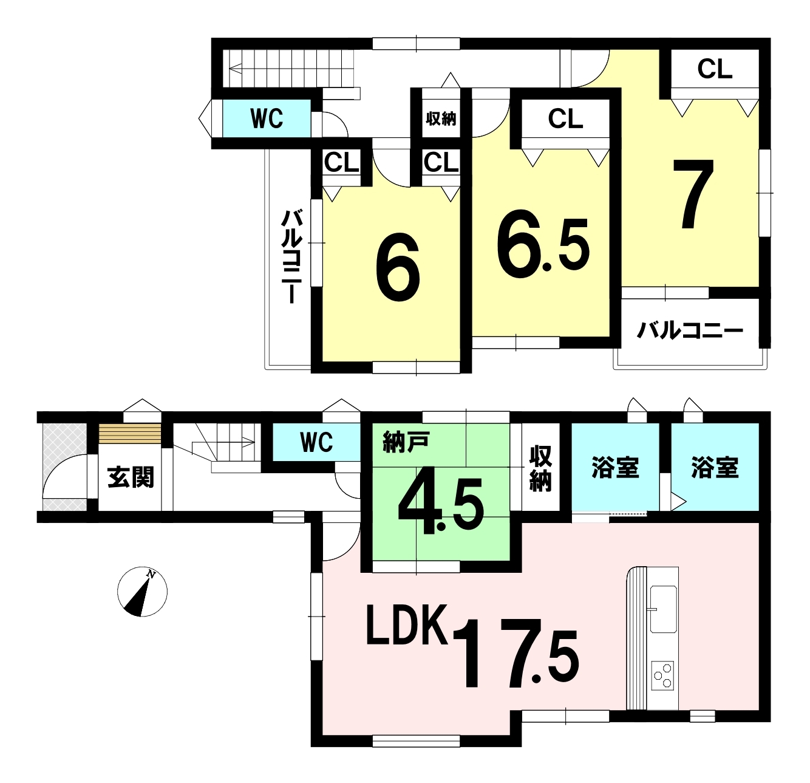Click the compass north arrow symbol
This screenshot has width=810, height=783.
pyautogui.click(x=142, y=592)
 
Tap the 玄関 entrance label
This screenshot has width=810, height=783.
pyautogui.click(x=131, y=477)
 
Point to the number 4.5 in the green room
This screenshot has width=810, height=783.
pyautogui.click(x=441, y=505)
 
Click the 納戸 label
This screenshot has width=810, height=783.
pyautogui.click(x=406, y=443)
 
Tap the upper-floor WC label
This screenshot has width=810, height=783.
pyautogui.click(x=267, y=118)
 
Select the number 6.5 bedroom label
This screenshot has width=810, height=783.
pyautogui.click(x=543, y=244)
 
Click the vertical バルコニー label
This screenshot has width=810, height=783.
pyautogui.click(x=292, y=256)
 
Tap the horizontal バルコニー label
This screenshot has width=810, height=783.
pyautogui.click(x=690, y=331)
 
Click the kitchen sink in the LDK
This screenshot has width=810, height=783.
pyautogui.click(x=663, y=609)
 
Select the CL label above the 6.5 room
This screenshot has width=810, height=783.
pyautogui.click(x=565, y=118)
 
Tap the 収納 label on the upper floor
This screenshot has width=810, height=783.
pyautogui.click(x=441, y=119)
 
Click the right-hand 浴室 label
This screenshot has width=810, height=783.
pyautogui.click(x=715, y=467)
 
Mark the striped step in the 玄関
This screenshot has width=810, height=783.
pyautogui.click(x=129, y=434)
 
